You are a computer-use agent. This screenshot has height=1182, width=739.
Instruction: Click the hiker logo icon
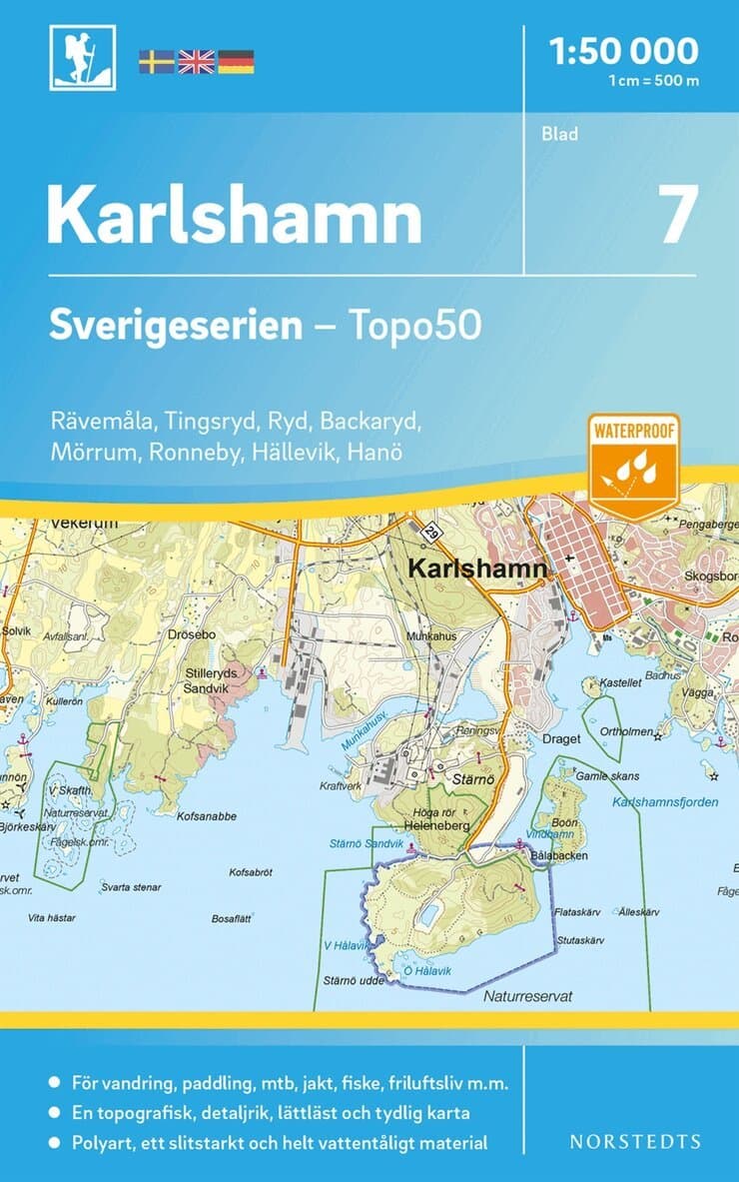[x=83, y=57]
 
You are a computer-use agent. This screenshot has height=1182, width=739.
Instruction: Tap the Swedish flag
[x=156, y=62]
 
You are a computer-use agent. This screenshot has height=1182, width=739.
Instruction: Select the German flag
[x=236, y=62]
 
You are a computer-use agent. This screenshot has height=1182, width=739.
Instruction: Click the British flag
[x=196, y=62]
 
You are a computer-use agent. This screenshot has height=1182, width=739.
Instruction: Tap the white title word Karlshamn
[x=235, y=215]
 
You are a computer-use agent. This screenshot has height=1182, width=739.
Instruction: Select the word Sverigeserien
[x=176, y=326]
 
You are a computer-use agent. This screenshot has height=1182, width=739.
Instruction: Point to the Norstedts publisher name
[x=635, y=1141]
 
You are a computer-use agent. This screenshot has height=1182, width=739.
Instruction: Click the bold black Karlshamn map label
[x=477, y=569]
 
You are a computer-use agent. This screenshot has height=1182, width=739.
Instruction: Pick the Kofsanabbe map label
[x=206, y=816]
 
